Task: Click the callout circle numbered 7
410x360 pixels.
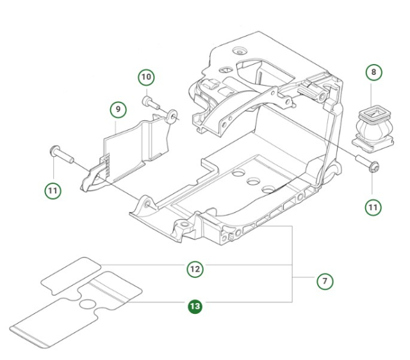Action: pos(325,281)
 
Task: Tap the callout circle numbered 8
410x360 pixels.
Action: pos(373,72)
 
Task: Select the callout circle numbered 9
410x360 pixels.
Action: pos(117,110)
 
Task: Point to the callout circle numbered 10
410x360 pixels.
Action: pos(147,78)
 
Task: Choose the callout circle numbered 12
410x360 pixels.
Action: pos(195,269)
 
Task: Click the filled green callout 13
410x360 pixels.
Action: pos(195,307)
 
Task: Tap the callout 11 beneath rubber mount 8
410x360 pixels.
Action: pos(373,206)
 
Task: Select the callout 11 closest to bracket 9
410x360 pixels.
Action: pos(53,190)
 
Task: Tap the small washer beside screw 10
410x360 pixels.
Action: pos(172,116)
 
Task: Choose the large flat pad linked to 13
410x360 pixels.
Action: pos(77,312)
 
